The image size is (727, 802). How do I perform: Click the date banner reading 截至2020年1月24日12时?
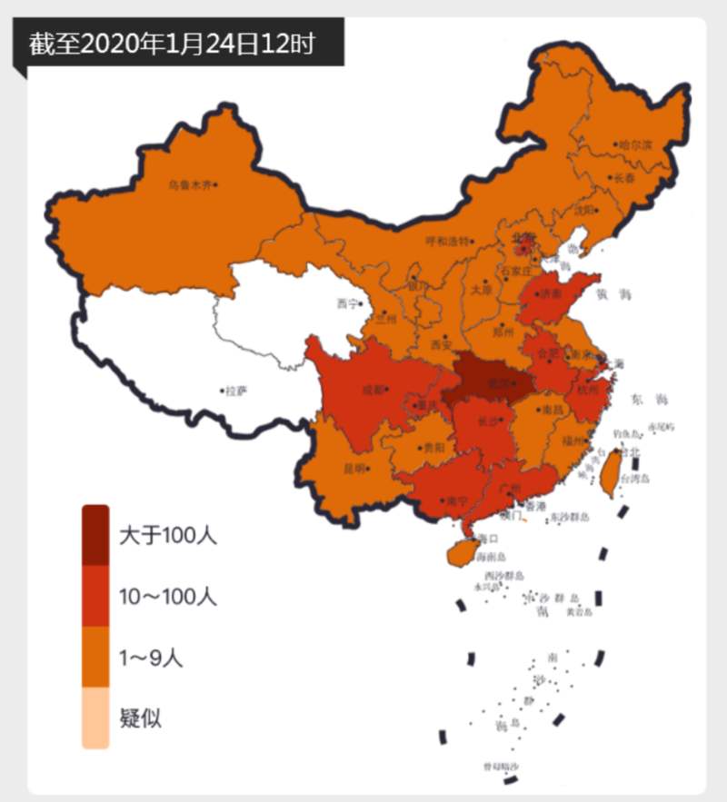coord(173,44)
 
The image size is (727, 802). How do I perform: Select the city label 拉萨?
coord(235,391)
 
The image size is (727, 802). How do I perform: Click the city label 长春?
coord(625,178)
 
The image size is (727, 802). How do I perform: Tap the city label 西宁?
coord(347,303)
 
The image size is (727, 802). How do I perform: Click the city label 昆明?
coord(355,469)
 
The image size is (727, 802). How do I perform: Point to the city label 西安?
coord(441,344)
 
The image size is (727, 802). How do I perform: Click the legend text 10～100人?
coord(168,597)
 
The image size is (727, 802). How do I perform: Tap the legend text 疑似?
coord(140,718)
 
